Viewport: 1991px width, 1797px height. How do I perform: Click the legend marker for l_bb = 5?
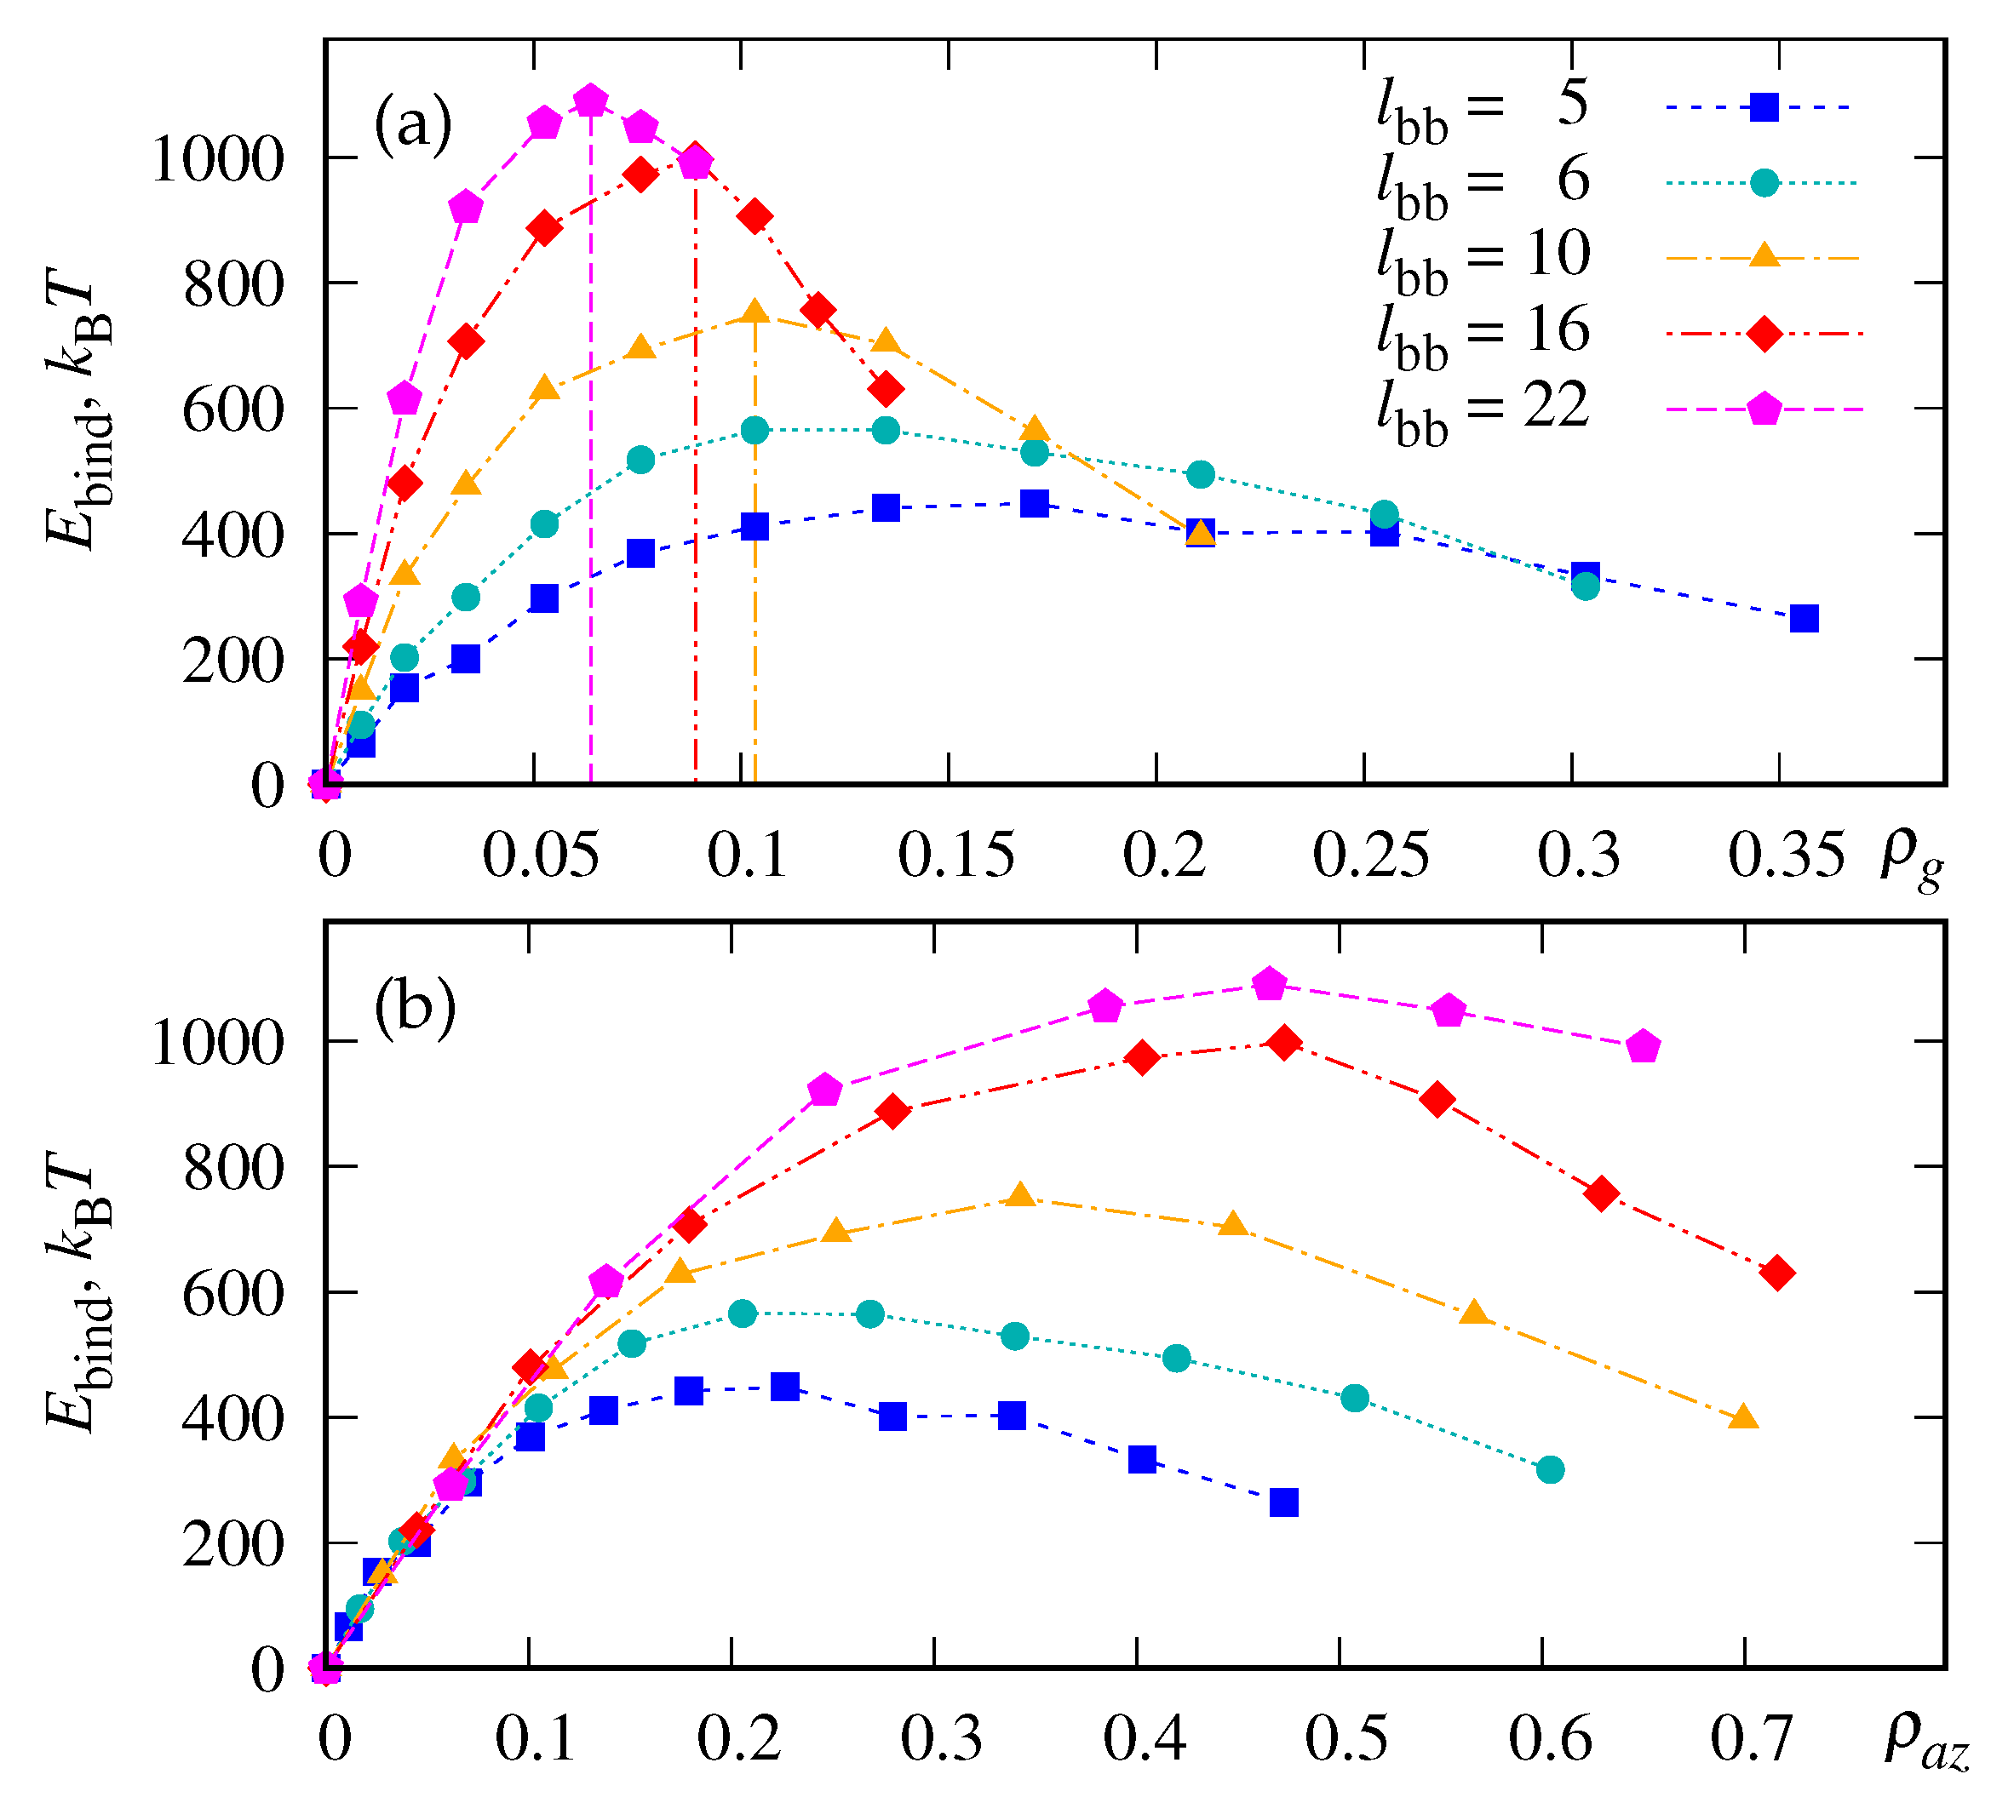pos(1764,106)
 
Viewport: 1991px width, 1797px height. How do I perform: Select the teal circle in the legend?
pos(1764,183)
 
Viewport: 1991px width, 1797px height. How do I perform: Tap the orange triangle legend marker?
pos(1764,257)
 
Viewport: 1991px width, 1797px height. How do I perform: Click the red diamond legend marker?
pos(1764,334)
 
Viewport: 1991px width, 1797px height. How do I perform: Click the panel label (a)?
pos(413,125)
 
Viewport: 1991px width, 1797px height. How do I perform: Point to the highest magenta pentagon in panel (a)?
pos(591,100)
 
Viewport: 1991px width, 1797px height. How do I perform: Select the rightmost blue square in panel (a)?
pos(1805,619)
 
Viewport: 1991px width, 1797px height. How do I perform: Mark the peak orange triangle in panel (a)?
pos(755,313)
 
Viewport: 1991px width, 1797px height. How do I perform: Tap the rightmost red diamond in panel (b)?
pos(1779,1273)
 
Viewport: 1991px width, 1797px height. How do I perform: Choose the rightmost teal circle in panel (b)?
pos(1551,1470)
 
